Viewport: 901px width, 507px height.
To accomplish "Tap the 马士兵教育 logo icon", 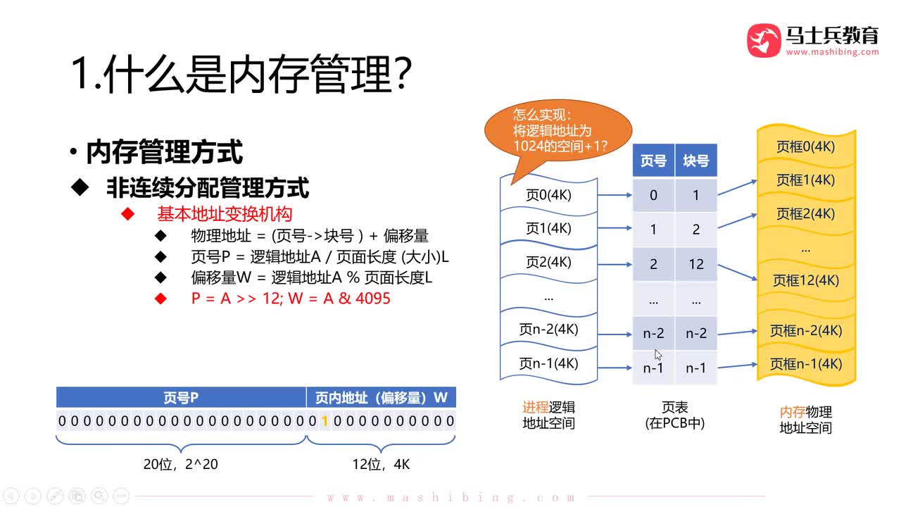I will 764,41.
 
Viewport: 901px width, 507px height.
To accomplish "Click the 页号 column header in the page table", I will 653,161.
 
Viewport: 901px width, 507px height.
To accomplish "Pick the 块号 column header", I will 695,161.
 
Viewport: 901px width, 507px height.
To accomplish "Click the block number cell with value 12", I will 696,264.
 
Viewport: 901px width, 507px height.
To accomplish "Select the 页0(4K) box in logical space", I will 548,195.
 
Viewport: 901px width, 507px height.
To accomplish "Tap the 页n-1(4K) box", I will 548,364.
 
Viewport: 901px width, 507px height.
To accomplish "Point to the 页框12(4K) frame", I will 806,280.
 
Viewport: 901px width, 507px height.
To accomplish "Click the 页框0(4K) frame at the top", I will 806,146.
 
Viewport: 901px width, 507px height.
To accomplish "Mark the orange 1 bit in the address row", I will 325,421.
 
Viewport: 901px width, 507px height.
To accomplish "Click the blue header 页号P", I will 181,398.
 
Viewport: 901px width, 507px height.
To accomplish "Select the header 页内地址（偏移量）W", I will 381,398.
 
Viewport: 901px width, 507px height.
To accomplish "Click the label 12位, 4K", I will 381,464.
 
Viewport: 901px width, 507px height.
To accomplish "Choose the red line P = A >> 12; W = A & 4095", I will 290,298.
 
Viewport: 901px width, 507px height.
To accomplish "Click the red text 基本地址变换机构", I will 224,213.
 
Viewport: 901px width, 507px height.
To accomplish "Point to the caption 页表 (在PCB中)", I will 674,415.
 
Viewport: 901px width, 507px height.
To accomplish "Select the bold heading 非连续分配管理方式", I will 208,187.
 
